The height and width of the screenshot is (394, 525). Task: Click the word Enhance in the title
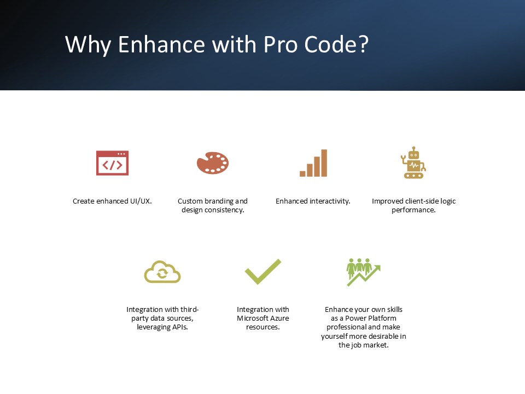click(x=161, y=44)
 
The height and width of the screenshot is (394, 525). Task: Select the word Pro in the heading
click(x=281, y=44)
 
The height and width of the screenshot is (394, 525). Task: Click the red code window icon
click(x=112, y=163)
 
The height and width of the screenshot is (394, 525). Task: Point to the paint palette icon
click(x=213, y=163)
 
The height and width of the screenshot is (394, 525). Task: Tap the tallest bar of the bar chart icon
click(x=324, y=163)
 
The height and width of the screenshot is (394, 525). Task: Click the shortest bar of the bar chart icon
click(x=302, y=173)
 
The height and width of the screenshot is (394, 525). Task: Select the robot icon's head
click(x=414, y=153)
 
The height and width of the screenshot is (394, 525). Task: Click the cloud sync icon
click(x=162, y=272)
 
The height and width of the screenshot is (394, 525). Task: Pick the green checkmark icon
click(x=263, y=271)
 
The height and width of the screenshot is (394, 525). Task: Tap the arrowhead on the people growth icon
click(x=377, y=268)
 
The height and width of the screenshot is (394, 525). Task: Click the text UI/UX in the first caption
click(x=141, y=201)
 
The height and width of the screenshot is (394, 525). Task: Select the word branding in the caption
click(x=219, y=201)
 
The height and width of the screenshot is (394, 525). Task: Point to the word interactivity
click(x=330, y=201)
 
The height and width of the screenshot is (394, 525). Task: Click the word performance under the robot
click(x=413, y=210)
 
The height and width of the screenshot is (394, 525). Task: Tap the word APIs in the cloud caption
click(x=180, y=327)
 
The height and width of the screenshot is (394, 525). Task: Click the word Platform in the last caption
click(x=382, y=318)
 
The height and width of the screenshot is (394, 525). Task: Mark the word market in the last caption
click(x=378, y=345)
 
